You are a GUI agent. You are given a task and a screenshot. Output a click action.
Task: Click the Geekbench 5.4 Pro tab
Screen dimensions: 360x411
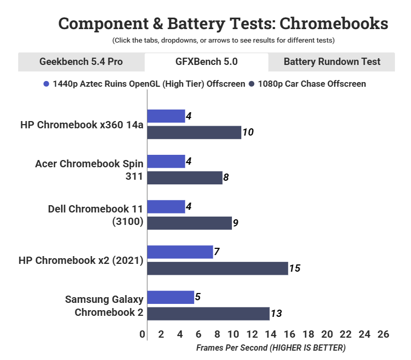click(81, 62)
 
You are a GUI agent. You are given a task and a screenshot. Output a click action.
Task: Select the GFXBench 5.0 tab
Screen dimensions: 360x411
click(206, 62)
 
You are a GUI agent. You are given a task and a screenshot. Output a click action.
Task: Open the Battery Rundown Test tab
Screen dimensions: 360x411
click(332, 62)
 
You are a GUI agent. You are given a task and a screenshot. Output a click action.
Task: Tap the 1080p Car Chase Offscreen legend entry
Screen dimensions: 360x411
click(307, 84)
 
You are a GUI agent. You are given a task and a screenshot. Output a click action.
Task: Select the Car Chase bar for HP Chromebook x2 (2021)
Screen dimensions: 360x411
click(217, 268)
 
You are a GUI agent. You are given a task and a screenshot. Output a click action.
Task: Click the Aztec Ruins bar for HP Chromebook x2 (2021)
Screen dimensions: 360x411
click(180, 252)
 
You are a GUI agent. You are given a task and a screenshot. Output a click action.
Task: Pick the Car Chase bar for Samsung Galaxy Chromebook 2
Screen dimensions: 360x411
click(208, 313)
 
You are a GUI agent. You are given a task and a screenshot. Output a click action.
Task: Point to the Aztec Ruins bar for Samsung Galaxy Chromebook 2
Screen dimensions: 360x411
click(171, 297)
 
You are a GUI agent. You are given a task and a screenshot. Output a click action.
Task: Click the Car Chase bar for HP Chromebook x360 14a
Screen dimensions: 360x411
click(194, 132)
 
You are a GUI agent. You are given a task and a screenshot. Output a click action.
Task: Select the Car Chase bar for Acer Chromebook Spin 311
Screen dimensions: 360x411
click(185, 178)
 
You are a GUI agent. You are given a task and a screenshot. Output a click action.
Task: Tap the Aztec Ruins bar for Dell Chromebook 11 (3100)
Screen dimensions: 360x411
click(166, 207)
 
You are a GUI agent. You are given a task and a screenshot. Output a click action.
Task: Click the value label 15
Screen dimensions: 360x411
click(295, 269)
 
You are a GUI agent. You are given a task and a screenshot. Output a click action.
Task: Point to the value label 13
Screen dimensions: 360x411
click(276, 314)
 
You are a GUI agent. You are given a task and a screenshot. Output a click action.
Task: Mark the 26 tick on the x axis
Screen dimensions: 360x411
click(383, 334)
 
